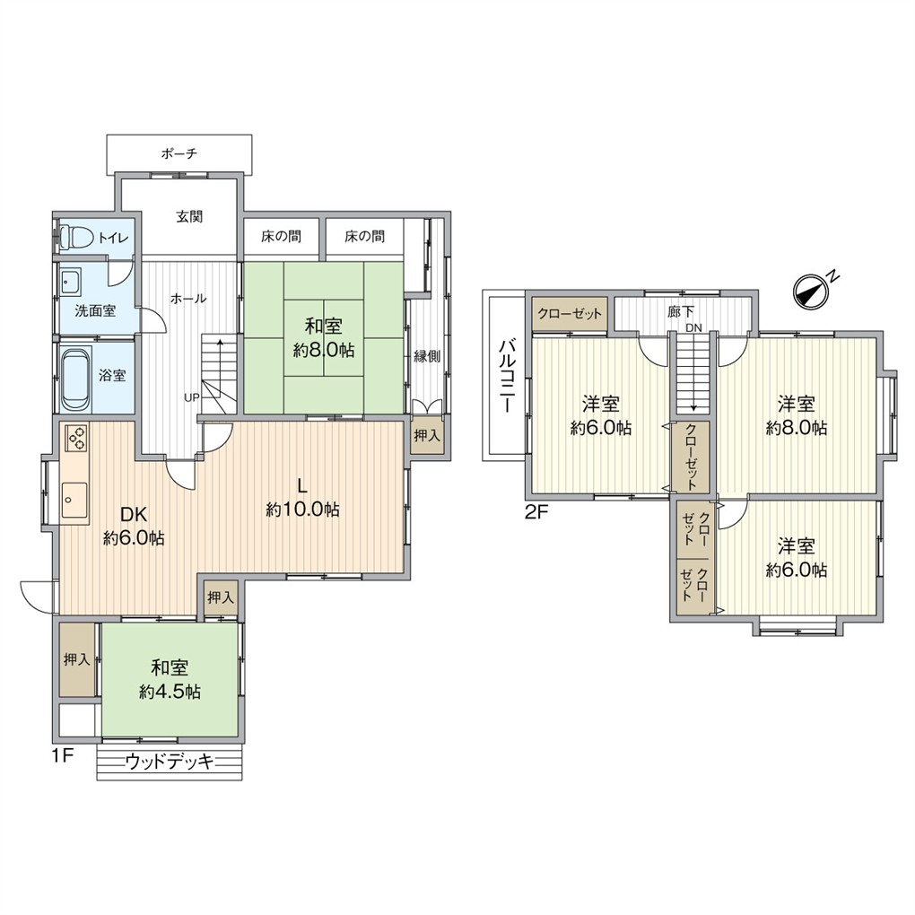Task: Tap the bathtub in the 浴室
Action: coord(74,375)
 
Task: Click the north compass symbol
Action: coord(813,291)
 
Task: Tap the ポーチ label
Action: coord(179,154)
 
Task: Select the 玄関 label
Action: coord(189,216)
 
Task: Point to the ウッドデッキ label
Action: coord(170,762)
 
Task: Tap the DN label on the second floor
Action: coord(693,328)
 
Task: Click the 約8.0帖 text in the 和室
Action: coord(322,351)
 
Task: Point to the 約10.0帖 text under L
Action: coord(302,510)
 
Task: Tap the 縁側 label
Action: coord(426,355)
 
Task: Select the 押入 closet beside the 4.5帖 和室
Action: coord(76,659)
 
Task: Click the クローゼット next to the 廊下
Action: coord(571,315)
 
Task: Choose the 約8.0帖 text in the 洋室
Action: coord(796,429)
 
